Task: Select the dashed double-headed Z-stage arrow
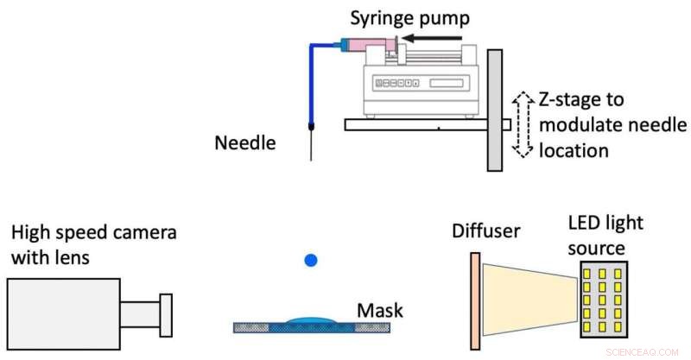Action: pos(521,124)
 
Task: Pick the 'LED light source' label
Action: pos(599,236)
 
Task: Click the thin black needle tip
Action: pos(311,147)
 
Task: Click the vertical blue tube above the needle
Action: pos(311,86)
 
